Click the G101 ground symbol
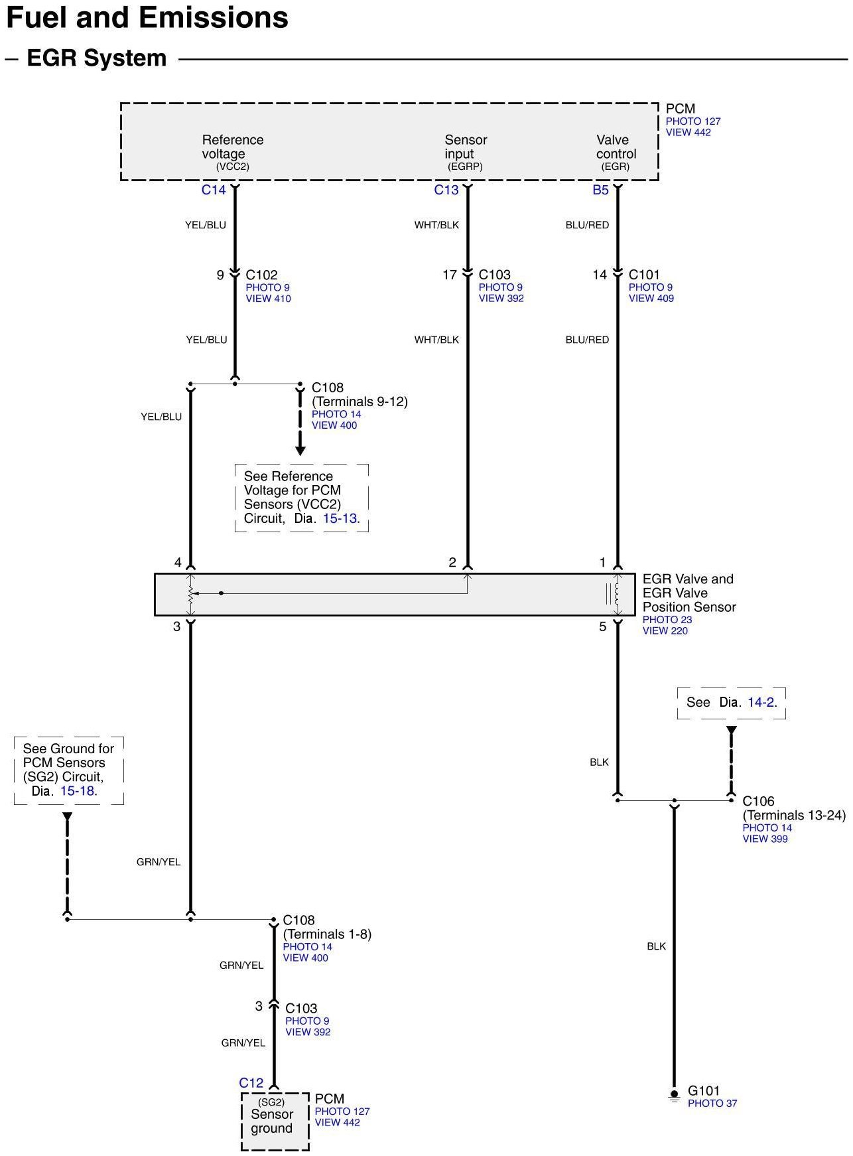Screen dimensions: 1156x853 pyautogui.click(x=674, y=1096)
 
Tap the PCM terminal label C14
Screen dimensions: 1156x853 pyautogui.click(x=214, y=190)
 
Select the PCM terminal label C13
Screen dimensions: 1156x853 pyautogui.click(x=446, y=190)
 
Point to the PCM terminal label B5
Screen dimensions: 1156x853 pyautogui.click(x=600, y=190)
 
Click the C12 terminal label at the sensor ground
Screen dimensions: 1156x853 pyautogui.click(x=251, y=1083)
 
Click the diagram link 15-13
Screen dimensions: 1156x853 pyautogui.click(x=340, y=518)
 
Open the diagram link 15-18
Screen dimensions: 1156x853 pyautogui.click(x=78, y=791)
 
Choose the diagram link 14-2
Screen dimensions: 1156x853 pyautogui.click(x=761, y=702)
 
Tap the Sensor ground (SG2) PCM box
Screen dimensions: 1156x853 pyautogui.click(x=275, y=1121)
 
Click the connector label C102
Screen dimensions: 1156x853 pyautogui.click(x=261, y=275)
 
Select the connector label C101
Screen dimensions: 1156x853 pyautogui.click(x=644, y=275)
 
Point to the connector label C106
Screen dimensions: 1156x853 pyautogui.click(x=758, y=801)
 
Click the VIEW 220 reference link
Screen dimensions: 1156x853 pyautogui.click(x=665, y=631)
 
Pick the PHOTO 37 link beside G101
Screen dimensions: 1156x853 pyautogui.click(x=712, y=1104)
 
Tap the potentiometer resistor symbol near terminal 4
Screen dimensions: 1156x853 pyautogui.click(x=191, y=593)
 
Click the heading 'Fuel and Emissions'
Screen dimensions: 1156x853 pyautogui.click(x=147, y=18)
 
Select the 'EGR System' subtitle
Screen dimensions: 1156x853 pyautogui.click(x=96, y=58)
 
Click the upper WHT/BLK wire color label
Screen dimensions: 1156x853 pyautogui.click(x=436, y=225)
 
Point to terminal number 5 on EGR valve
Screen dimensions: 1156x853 pyautogui.click(x=602, y=627)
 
